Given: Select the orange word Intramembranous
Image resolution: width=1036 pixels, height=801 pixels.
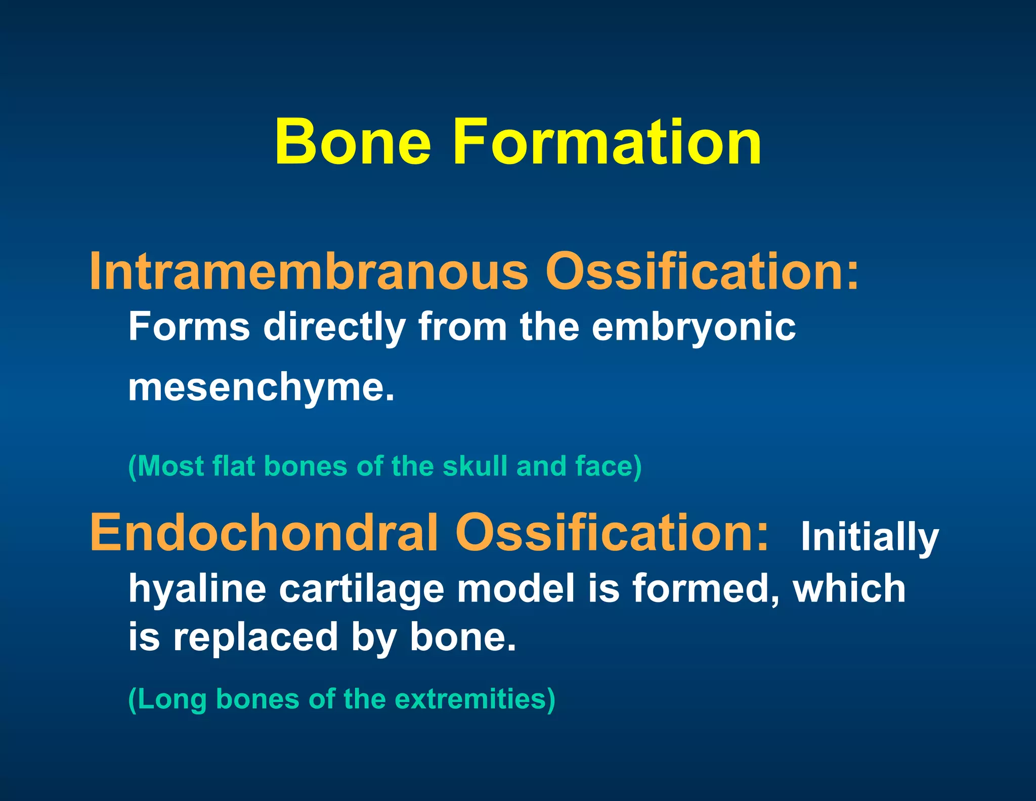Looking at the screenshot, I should tap(309, 272).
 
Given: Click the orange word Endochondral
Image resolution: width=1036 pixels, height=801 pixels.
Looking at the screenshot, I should tap(264, 533).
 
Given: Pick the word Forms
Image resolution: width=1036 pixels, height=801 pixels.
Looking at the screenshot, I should tap(189, 327).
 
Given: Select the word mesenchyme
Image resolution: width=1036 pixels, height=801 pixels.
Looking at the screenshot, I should tap(261, 388).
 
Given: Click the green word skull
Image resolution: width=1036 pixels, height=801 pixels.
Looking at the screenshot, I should tap(474, 466).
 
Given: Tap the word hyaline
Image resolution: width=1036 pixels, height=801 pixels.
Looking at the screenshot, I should tap(197, 589).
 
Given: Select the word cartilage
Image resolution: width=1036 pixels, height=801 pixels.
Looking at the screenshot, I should tap(361, 589).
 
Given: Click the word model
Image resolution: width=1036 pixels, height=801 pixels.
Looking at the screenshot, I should tap(516, 588).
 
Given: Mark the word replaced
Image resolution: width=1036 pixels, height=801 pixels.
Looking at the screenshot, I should tap(255, 638).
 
